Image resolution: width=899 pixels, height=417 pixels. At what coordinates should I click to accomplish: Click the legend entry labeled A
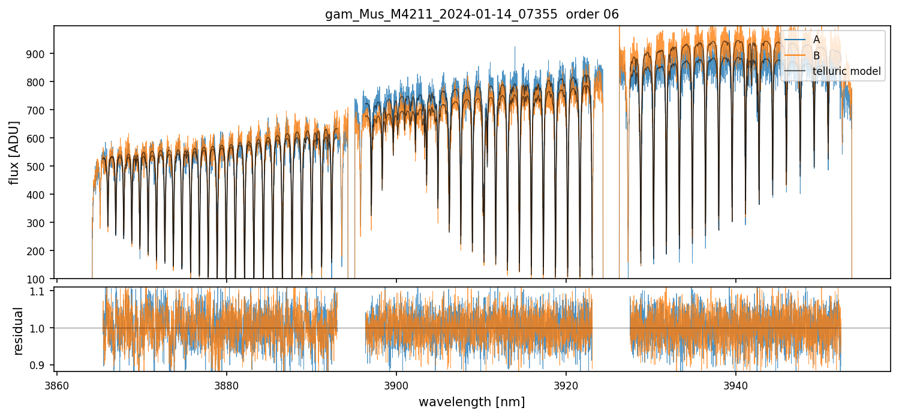click(x=816, y=40)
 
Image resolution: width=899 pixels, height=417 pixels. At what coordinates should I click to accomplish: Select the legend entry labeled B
click(x=816, y=56)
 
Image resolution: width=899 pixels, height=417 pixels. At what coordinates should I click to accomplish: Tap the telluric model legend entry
click(x=846, y=71)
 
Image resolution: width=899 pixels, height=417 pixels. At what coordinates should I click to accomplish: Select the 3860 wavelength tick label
click(x=57, y=385)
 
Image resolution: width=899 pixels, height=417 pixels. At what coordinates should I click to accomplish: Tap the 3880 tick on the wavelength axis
click(x=227, y=385)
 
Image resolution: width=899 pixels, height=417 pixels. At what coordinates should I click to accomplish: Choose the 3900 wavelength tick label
click(x=396, y=385)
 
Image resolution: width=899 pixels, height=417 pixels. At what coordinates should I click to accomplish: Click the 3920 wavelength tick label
click(x=566, y=385)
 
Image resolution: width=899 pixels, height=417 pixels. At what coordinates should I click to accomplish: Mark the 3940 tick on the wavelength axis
click(x=736, y=385)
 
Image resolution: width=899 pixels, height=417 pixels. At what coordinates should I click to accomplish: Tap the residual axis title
click(x=17, y=331)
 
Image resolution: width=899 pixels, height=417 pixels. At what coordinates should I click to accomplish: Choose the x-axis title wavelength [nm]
click(x=471, y=402)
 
